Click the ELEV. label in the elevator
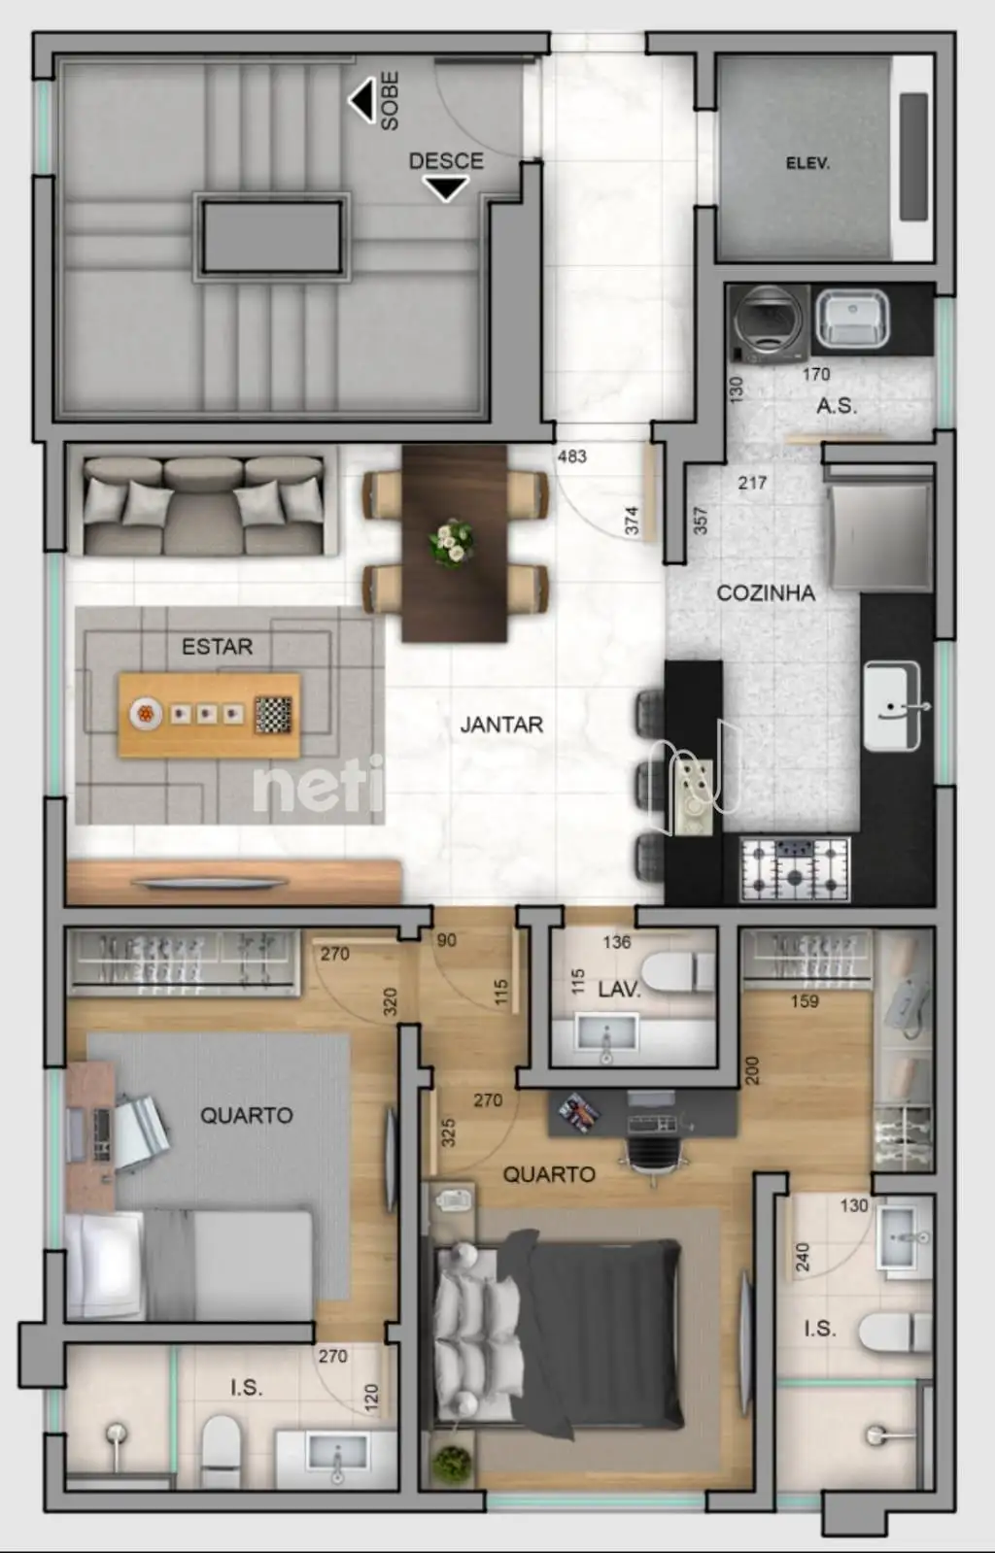807,163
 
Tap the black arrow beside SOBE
362,100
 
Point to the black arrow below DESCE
445,188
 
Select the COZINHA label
766,592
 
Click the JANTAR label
501,725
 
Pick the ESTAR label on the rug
218,647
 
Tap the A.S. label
837,406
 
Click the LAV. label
619,990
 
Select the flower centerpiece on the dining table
452,543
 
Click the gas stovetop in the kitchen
795,868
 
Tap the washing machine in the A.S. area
769,323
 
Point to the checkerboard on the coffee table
273,715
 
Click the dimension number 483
572,456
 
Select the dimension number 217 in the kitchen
753,483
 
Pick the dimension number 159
805,1001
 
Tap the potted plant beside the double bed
452,1462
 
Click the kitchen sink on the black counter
893,706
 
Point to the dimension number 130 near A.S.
737,388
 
